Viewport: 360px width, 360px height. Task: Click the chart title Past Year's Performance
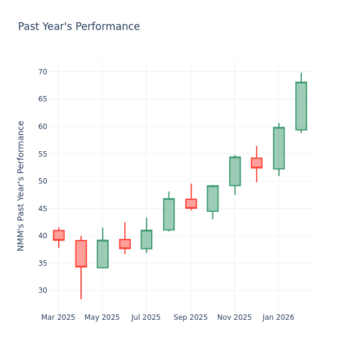tap(79, 27)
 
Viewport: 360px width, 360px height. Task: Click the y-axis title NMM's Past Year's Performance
tap(21, 185)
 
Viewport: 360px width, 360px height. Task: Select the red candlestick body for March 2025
tap(59, 235)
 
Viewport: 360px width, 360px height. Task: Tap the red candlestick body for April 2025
tap(81, 254)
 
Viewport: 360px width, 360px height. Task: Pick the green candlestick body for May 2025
tap(103, 254)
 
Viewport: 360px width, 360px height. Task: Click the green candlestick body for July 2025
tap(146, 239)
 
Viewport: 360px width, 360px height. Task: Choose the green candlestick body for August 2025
tap(169, 214)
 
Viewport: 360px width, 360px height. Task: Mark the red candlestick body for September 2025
tap(191, 203)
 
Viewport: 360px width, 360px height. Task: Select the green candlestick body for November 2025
tap(235, 172)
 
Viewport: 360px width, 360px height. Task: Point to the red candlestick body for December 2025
tap(257, 163)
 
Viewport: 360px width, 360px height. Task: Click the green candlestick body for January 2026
tap(278, 148)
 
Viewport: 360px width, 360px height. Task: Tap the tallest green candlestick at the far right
tap(301, 106)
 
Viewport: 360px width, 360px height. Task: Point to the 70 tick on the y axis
tap(43, 72)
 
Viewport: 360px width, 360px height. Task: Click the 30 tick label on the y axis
tap(43, 290)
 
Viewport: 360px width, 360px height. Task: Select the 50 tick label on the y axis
tap(43, 181)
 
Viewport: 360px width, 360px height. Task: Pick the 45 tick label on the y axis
tap(43, 209)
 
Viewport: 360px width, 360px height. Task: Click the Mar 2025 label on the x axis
tap(58, 317)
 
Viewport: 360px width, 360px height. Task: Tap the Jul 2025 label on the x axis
tap(146, 317)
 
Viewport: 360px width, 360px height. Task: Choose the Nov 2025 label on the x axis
tap(235, 317)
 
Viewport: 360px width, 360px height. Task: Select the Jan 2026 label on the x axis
tap(278, 317)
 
